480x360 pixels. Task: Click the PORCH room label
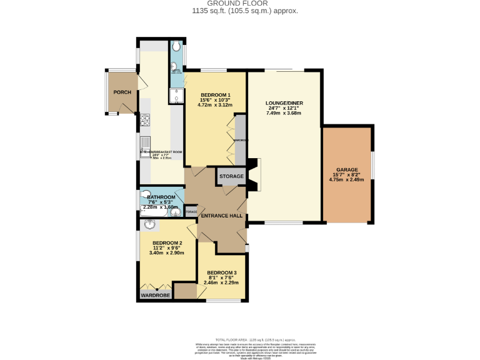(122, 92)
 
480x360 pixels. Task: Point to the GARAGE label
(347, 170)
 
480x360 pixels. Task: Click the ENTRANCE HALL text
(221, 216)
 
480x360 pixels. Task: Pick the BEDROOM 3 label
(222, 273)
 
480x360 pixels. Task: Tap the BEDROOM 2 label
(167, 243)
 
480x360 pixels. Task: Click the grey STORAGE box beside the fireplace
(231, 177)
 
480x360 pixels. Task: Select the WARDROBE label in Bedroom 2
(155, 294)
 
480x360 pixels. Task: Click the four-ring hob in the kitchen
(144, 121)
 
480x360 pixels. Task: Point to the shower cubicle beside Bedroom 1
(176, 95)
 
